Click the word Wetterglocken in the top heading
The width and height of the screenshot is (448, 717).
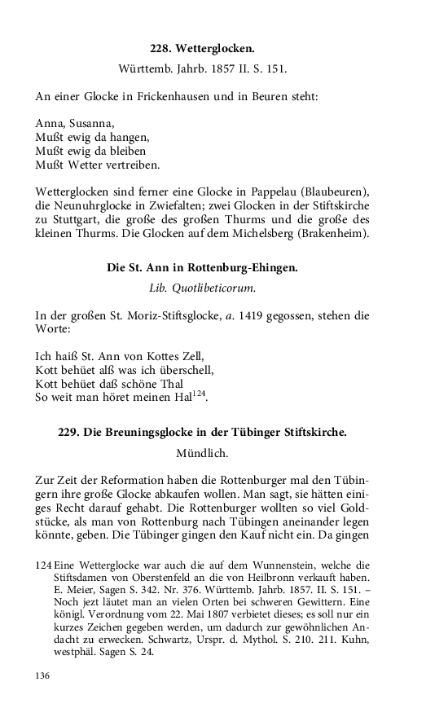point(213,50)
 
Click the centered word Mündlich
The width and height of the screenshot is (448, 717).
point(202,452)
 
